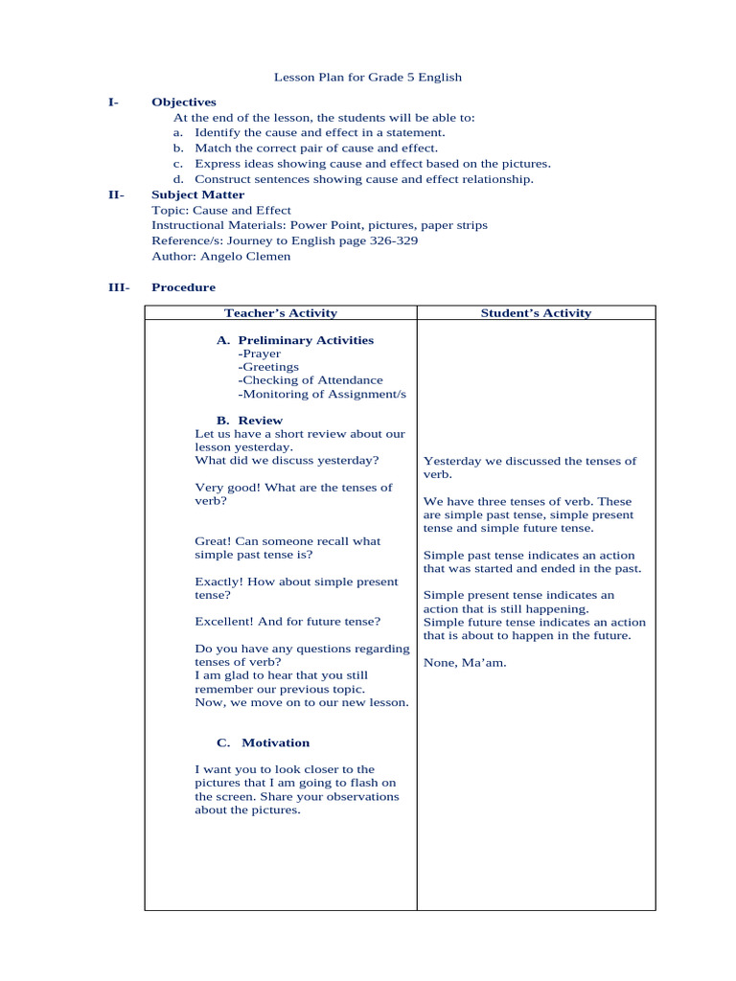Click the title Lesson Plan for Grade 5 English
coord(368,77)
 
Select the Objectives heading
coord(184,102)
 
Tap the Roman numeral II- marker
coord(116,194)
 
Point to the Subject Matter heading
coord(197,194)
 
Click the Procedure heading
coord(183,287)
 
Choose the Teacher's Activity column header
coord(280,313)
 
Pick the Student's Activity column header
coord(536,313)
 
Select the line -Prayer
coord(260,354)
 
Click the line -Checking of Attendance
coord(310,380)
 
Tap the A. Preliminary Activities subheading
coord(295,340)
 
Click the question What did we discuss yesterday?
coord(287,461)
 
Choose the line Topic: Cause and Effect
coord(221,210)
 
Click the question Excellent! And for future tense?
coord(287,622)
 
